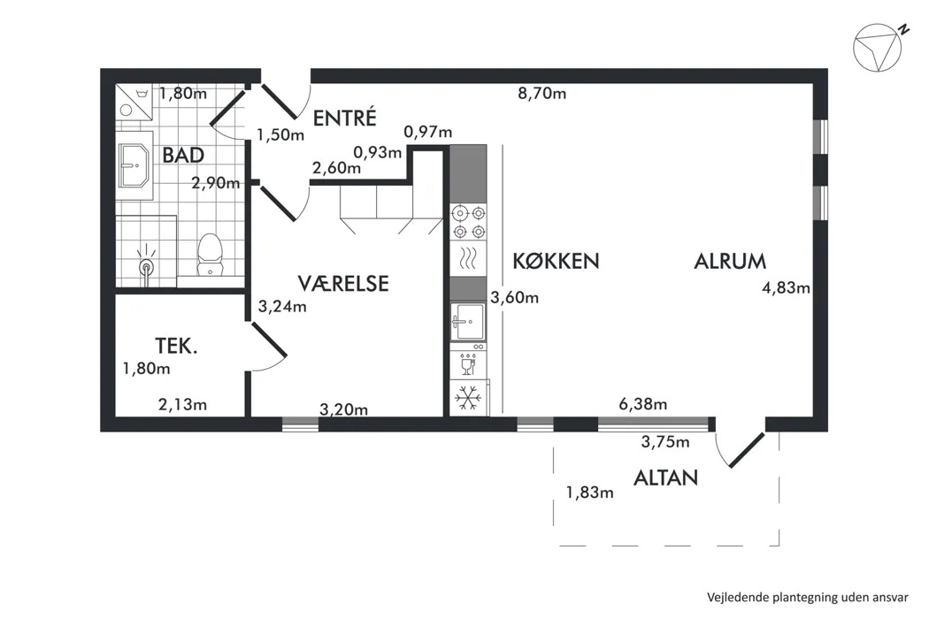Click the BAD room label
tap(183, 156)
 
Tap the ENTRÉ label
tap(344, 118)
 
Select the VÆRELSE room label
tap(343, 283)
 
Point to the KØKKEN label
tap(556, 261)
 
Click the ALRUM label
tap(730, 261)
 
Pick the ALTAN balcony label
tap(666, 478)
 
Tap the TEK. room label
tap(176, 346)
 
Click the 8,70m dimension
tap(542, 93)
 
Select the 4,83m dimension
tap(787, 288)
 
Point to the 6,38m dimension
tap(643, 404)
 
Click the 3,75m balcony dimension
tap(665, 441)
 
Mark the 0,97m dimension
tap(427, 132)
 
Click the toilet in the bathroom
tap(209, 255)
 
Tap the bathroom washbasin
tap(134, 166)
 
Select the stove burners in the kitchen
tap(469, 222)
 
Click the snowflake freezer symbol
tap(468, 398)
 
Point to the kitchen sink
tap(467, 322)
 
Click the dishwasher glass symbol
tap(468, 364)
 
